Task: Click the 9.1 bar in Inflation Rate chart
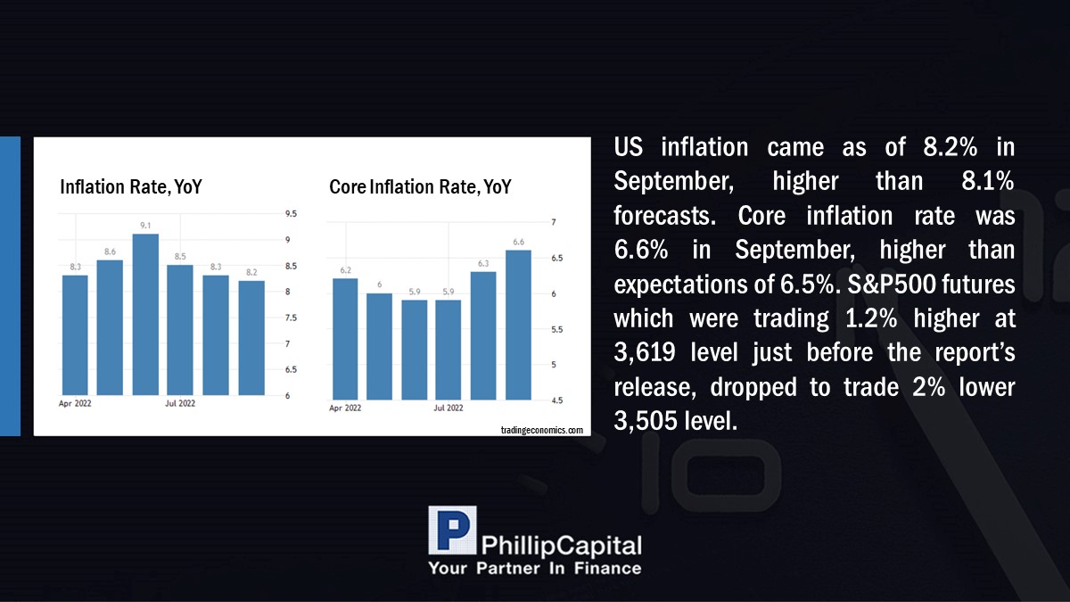click(145, 314)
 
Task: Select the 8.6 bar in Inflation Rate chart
click(110, 327)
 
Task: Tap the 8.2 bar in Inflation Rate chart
click(251, 338)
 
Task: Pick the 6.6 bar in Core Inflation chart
click(518, 325)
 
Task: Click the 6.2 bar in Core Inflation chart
click(345, 339)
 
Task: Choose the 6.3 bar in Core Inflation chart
click(483, 336)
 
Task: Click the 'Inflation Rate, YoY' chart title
click(131, 186)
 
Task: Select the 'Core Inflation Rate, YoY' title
click(420, 186)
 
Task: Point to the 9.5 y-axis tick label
click(291, 213)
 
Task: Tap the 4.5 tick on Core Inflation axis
click(557, 400)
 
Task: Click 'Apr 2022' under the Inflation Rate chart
click(75, 403)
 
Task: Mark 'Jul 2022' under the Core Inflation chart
click(448, 408)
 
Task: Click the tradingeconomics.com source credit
click(542, 430)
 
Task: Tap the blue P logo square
click(452, 531)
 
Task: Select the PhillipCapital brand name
click(561, 546)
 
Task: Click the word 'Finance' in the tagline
click(607, 568)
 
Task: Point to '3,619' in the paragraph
click(645, 352)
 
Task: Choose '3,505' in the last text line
click(646, 421)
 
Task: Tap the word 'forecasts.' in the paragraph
click(665, 216)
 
